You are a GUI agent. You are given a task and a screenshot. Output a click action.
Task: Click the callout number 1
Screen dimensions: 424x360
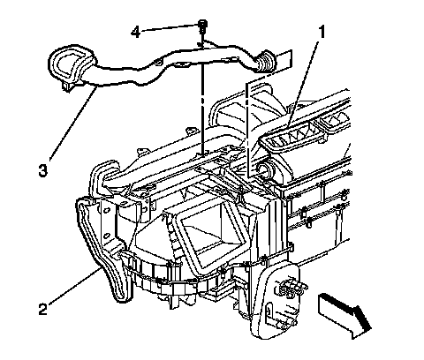point(322,32)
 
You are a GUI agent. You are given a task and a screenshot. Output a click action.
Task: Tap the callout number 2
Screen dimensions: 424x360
point(43,309)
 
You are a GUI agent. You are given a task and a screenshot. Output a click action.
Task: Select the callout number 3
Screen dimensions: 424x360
point(43,170)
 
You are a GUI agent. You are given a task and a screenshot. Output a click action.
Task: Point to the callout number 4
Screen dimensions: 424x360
point(135,31)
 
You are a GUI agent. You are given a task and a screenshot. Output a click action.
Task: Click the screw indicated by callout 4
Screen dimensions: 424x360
point(202,26)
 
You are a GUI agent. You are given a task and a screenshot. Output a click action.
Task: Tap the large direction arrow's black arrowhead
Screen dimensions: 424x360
point(361,319)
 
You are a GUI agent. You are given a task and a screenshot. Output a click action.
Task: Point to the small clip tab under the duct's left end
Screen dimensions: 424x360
point(68,86)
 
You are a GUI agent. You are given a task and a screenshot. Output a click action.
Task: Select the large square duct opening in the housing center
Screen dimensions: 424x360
point(206,232)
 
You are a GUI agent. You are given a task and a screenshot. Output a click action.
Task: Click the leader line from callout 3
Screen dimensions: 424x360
point(73,123)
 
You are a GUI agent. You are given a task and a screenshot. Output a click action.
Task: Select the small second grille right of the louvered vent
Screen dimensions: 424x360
point(333,121)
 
